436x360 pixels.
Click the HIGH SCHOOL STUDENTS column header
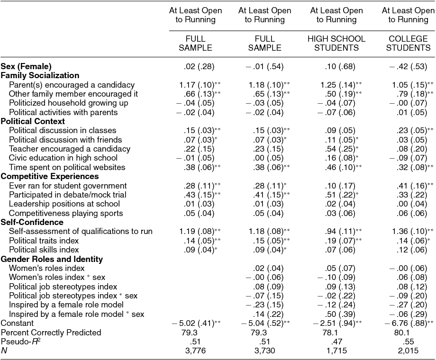[x=336, y=43]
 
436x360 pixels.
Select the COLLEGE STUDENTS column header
[x=409, y=43]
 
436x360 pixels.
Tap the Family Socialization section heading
[x=40, y=75]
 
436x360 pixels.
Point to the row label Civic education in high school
[x=63, y=158]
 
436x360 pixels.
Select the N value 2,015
[x=409, y=351]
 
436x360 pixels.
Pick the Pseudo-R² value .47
[x=336, y=342]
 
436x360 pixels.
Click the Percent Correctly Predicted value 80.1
[x=409, y=333]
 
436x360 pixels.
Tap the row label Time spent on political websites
[x=67, y=167]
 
